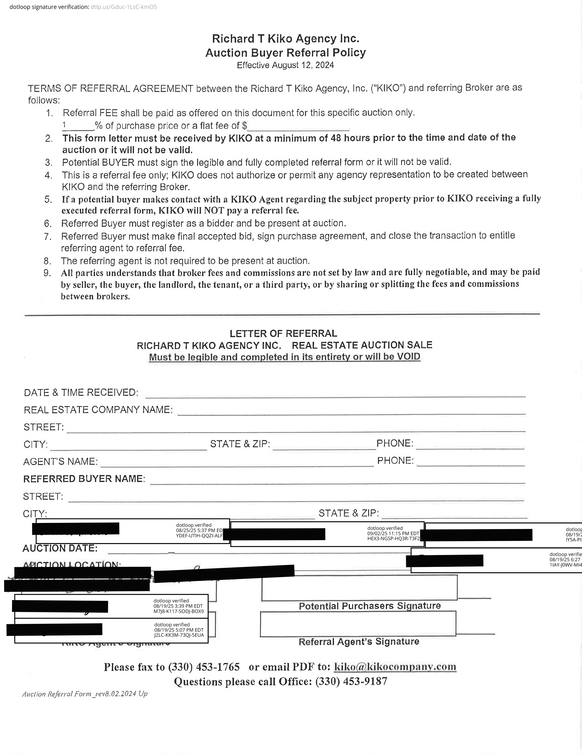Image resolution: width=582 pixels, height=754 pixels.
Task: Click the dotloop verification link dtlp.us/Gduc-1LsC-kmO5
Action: point(123,7)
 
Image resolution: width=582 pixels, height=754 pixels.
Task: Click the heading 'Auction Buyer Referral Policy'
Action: point(286,53)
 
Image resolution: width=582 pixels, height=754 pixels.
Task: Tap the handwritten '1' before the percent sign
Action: point(64,125)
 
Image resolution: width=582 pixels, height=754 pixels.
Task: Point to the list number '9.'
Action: point(48,273)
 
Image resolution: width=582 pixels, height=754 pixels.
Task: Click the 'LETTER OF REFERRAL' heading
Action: point(283,334)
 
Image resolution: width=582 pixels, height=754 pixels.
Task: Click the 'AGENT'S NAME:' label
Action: point(60,462)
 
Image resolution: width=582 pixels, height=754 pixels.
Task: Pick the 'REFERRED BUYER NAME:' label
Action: point(84,479)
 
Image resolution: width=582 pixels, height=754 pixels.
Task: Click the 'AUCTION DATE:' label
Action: point(60,548)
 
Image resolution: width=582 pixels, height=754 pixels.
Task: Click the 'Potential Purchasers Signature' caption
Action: point(370,606)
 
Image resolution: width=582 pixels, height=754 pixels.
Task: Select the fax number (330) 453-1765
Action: point(204,667)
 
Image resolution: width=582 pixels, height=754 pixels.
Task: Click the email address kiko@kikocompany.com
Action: point(395,667)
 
